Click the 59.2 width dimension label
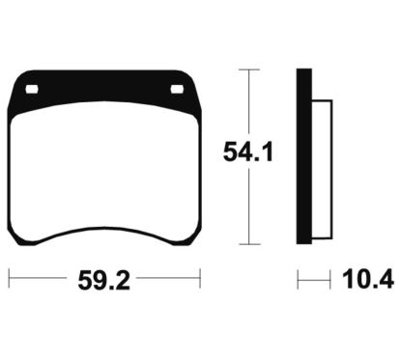pyautogui.click(x=104, y=281)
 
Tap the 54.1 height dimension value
pyautogui.click(x=248, y=152)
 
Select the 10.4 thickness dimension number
pyautogui.click(x=368, y=279)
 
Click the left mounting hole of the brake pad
pyautogui.click(x=32, y=89)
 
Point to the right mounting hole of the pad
pyautogui.click(x=177, y=89)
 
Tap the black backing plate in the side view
pyautogui.click(x=304, y=156)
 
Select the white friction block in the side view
pyautogui.click(x=322, y=170)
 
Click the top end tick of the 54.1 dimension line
pyautogui.click(x=249, y=69)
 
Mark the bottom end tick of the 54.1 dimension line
pyautogui.click(x=249, y=244)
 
